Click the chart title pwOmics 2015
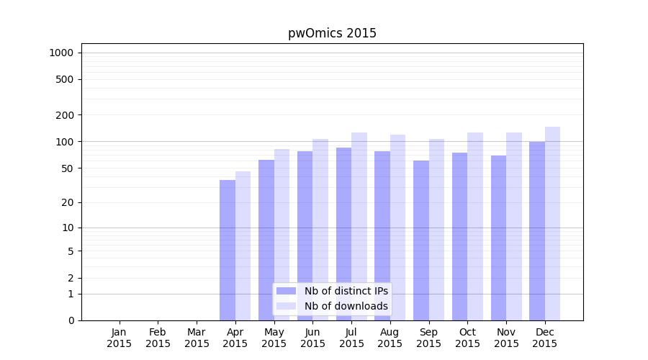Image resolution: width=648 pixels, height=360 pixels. [x=332, y=33]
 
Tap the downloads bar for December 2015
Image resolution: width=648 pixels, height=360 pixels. [x=552, y=223]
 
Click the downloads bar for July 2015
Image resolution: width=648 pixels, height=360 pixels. [x=359, y=226]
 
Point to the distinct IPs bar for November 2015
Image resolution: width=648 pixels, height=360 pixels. [x=498, y=238]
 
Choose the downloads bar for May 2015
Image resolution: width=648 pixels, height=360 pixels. [x=282, y=235]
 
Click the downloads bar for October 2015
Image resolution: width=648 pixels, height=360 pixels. [x=475, y=226]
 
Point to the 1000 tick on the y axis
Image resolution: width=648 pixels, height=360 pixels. [x=61, y=53]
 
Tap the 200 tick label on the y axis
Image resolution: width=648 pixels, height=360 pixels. [x=65, y=115]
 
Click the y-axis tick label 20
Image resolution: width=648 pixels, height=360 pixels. [x=68, y=202]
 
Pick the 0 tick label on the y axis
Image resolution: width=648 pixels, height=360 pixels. [x=71, y=320]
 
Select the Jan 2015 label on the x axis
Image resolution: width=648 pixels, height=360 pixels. [x=120, y=338]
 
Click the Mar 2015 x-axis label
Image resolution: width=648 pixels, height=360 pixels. [x=197, y=338]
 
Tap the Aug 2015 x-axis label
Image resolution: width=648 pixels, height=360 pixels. [x=390, y=338]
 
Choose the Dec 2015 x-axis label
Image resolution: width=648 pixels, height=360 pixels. [x=545, y=338]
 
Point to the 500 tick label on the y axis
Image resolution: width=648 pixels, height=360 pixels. [x=65, y=79]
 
